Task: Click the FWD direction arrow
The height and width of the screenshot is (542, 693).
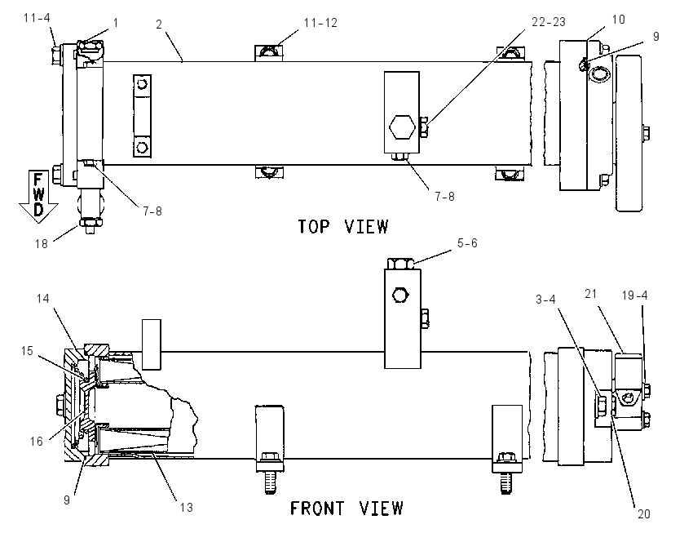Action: (x=38, y=196)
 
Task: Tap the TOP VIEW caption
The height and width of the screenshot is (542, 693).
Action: (x=343, y=227)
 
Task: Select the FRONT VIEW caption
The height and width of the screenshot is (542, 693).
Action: (x=346, y=508)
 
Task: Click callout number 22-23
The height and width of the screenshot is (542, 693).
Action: (x=548, y=22)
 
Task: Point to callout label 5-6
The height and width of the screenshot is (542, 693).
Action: (x=467, y=243)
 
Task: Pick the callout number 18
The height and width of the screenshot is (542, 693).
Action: (x=41, y=244)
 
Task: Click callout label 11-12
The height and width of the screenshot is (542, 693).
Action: (x=320, y=23)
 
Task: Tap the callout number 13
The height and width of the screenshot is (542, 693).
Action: (x=187, y=508)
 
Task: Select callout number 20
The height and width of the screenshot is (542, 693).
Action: (x=643, y=513)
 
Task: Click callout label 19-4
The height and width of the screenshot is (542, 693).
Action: (x=634, y=295)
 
